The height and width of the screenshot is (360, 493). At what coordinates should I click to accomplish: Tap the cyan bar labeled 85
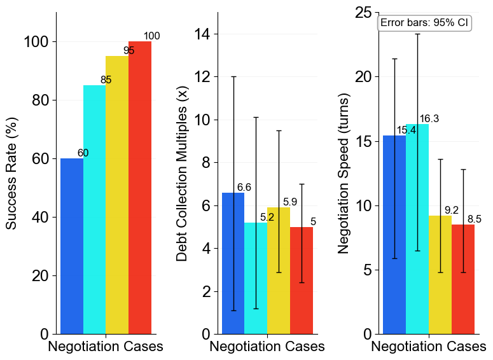[x=94, y=210]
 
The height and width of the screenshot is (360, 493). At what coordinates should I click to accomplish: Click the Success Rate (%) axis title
[x=11, y=173]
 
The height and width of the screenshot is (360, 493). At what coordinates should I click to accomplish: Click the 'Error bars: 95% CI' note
[x=424, y=23]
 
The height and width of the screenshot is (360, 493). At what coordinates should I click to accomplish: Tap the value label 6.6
[x=244, y=188]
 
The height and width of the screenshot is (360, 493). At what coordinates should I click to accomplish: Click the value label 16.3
[x=429, y=119]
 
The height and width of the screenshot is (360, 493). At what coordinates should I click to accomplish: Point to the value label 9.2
[x=452, y=210]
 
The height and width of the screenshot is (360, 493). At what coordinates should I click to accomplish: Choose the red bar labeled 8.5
[x=463, y=279]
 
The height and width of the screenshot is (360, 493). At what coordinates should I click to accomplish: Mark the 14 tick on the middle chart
[x=207, y=34]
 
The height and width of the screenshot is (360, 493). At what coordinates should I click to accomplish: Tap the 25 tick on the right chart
[x=363, y=13]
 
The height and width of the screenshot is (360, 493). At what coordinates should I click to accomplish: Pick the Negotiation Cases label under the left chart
[x=106, y=347]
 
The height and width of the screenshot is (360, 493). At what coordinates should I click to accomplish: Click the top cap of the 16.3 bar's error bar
[x=417, y=34]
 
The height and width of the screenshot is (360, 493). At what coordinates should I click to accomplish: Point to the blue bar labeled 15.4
[x=394, y=235]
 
